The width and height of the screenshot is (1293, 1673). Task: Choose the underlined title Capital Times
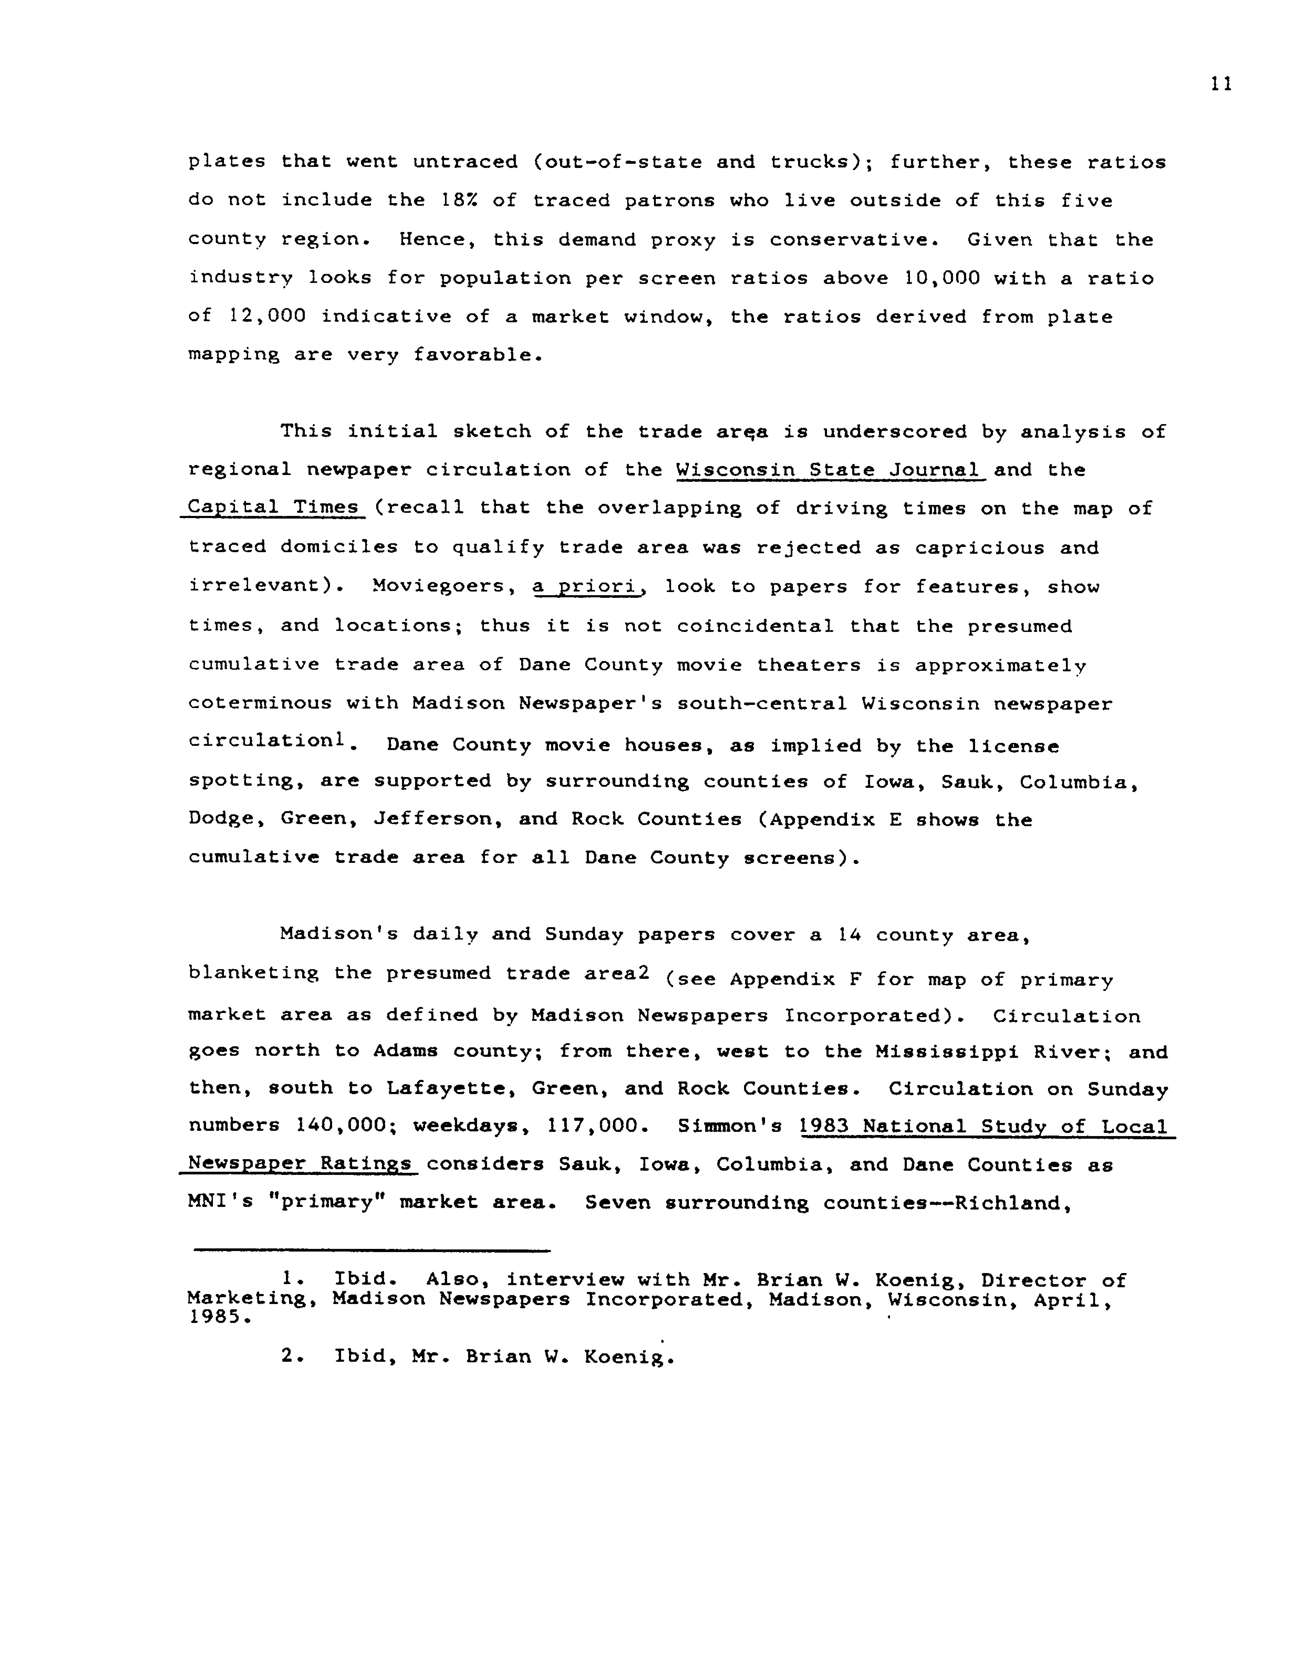tap(273, 508)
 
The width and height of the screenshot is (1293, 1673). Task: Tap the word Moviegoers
tap(438, 587)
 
